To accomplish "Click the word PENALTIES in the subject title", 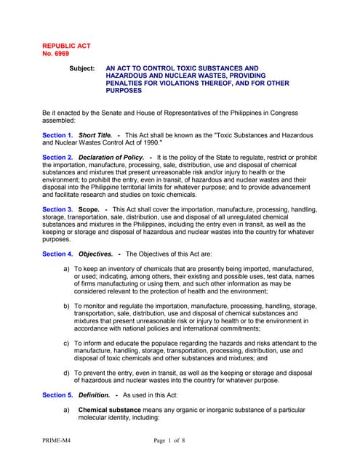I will coord(129,84).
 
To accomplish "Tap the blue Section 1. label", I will coord(57,136).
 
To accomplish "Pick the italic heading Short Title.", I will coord(95,136).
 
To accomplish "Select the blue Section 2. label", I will coord(57,158).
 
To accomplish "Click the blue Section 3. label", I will coord(57,210).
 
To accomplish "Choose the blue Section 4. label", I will coord(57,254).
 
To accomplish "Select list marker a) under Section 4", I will coord(68,269).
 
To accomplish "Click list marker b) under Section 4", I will coord(68,307).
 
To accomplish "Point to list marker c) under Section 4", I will coord(68,343).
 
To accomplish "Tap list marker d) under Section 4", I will coord(68,372).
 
